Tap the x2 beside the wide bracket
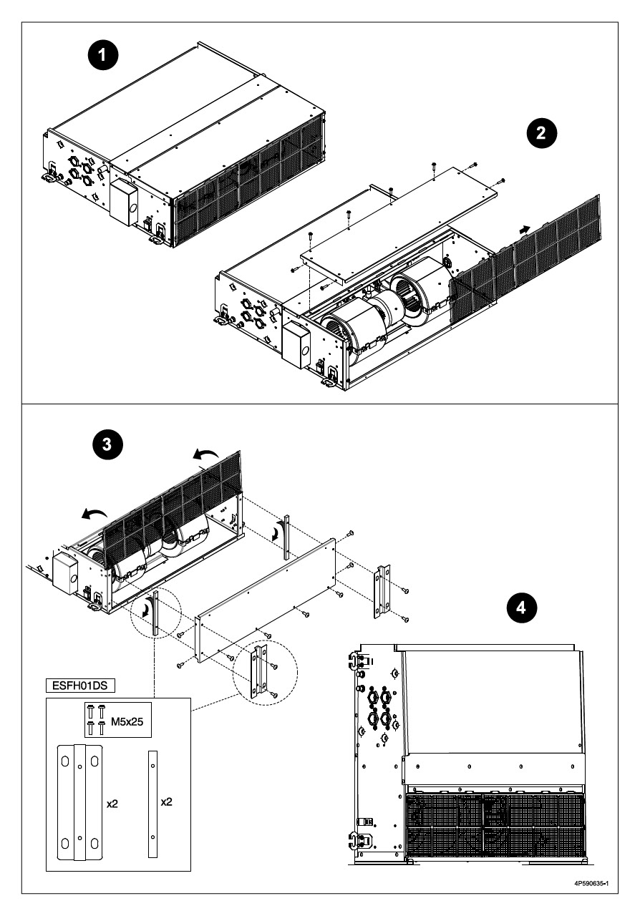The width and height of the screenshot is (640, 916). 112,804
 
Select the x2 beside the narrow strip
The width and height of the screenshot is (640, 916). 166,802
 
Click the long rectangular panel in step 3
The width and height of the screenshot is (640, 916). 266,600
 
